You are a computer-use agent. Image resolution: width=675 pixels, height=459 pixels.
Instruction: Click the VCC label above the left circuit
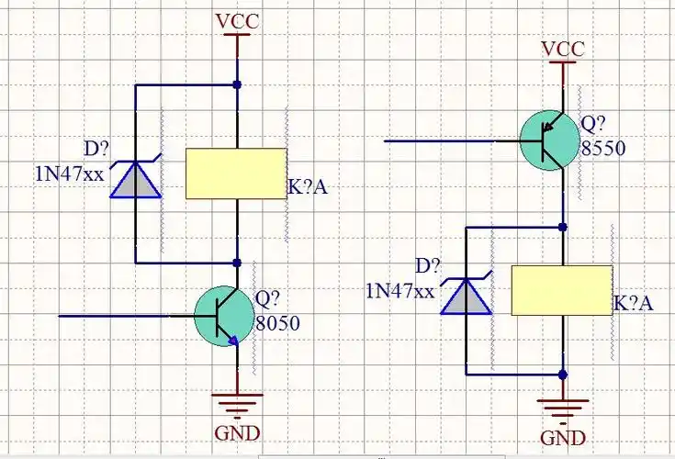click(x=236, y=20)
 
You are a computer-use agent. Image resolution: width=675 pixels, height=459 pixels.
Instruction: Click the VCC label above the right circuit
click(x=562, y=48)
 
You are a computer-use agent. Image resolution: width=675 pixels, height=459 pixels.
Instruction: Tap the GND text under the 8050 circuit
click(x=237, y=433)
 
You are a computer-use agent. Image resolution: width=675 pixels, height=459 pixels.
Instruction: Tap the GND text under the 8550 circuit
click(x=562, y=437)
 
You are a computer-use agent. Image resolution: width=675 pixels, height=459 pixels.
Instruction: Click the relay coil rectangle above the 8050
click(x=235, y=174)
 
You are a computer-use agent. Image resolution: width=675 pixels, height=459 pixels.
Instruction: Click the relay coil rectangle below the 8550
click(x=561, y=290)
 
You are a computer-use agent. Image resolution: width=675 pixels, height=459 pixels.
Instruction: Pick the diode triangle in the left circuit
click(x=135, y=180)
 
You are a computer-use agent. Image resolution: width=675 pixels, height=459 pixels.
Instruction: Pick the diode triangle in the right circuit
click(x=466, y=296)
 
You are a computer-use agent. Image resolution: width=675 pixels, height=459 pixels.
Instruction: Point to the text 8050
click(x=277, y=323)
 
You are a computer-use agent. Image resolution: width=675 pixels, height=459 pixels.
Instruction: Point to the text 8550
click(x=603, y=147)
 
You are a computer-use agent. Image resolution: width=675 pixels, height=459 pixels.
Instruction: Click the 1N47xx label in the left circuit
click(x=69, y=174)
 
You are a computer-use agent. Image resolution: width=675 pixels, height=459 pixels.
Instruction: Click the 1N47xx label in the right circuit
click(x=399, y=291)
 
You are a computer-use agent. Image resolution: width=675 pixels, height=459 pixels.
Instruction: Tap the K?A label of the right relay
click(x=634, y=304)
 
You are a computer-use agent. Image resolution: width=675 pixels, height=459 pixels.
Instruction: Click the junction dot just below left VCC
click(x=237, y=84)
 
